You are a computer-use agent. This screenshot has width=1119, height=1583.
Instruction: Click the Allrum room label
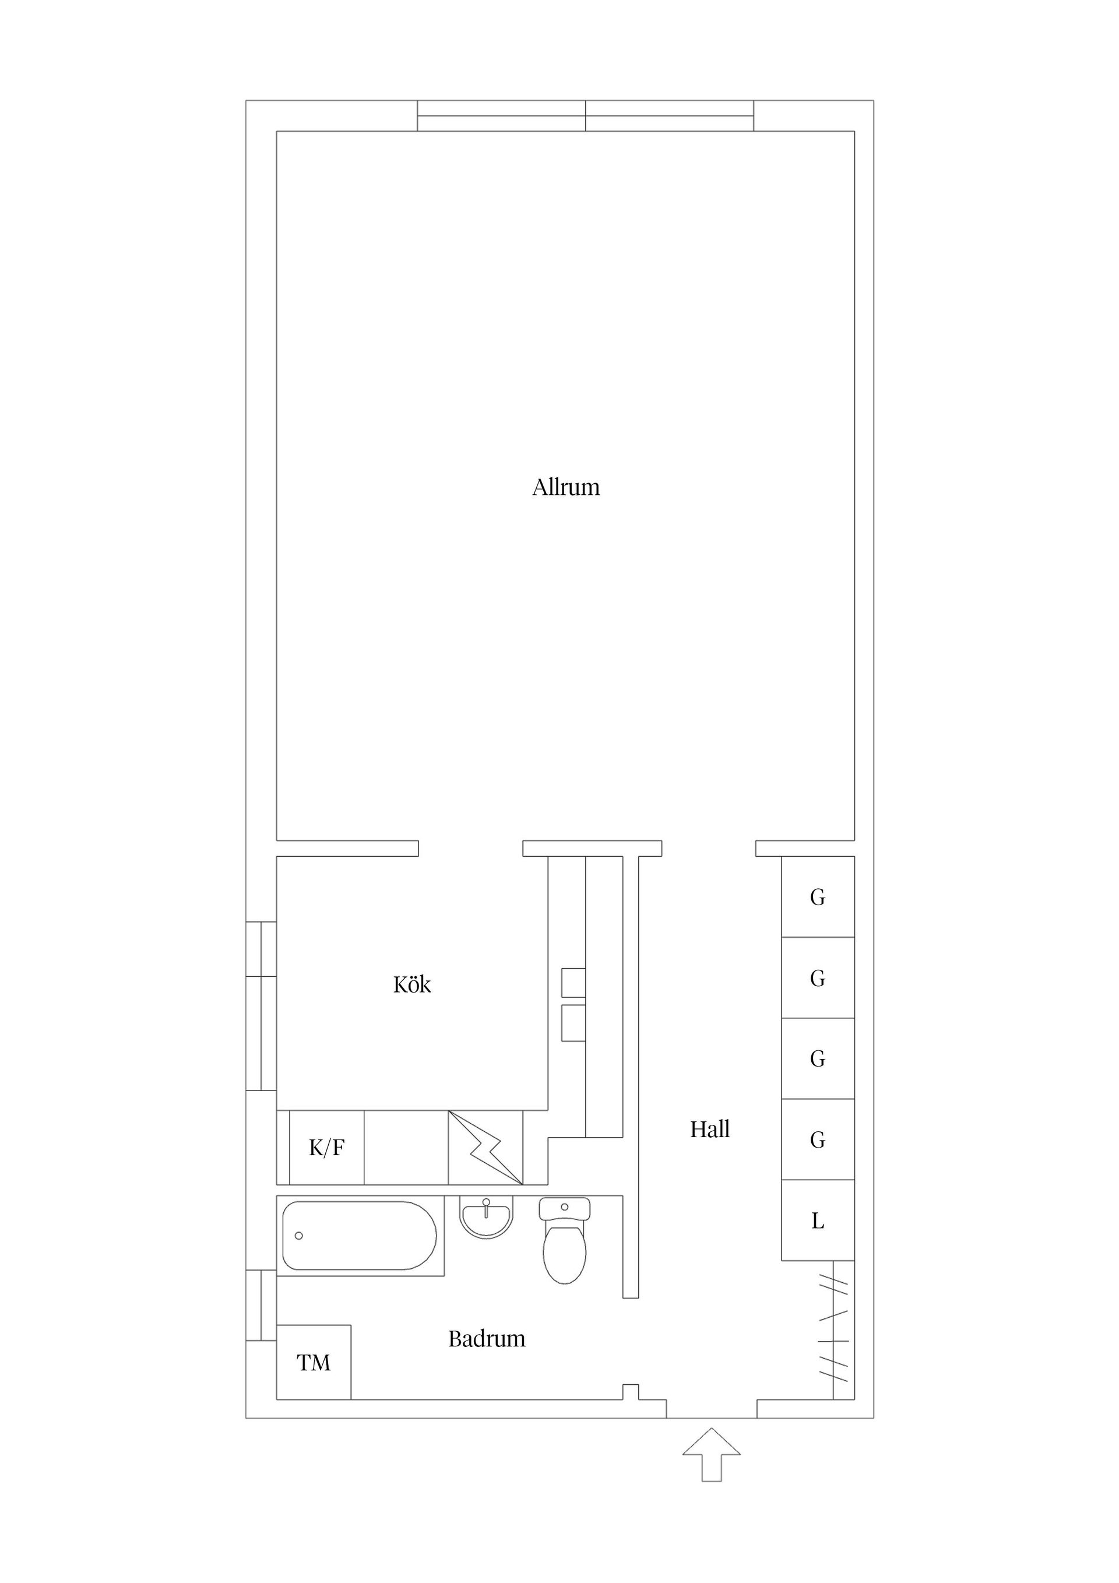565,487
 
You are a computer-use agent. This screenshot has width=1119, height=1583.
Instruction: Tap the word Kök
411,984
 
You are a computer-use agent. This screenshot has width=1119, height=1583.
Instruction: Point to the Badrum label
486,1339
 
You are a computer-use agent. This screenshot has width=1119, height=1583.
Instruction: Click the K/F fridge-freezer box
326,1149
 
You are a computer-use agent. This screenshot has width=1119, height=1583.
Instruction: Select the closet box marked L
817,1221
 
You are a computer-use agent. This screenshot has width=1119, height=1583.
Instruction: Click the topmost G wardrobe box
817,897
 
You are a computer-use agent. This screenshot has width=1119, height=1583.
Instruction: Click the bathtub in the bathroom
359,1236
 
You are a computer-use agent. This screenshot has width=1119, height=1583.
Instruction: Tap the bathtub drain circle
298,1236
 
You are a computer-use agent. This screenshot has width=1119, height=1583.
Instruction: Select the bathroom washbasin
487,1216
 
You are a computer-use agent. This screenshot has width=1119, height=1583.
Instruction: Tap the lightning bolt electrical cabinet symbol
485,1148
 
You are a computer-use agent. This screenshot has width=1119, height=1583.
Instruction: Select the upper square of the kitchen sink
573,983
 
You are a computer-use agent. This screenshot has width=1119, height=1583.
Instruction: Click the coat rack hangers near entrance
833,1329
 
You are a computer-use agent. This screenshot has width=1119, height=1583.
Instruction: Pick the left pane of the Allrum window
501,116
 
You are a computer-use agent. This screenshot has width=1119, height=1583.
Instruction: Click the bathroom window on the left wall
261,1305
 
